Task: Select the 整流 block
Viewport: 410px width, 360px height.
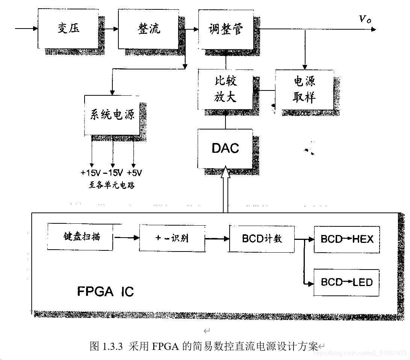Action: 148,29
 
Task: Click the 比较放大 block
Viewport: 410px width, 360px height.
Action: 225,89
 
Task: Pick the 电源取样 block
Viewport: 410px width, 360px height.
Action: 304,90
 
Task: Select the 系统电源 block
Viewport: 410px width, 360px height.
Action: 112,115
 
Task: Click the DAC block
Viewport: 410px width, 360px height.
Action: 225,148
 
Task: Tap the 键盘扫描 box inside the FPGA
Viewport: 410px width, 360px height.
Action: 81,237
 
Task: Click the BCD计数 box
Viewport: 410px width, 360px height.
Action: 262,239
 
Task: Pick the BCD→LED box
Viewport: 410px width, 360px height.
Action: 346,282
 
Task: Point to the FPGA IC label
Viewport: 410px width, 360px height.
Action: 105,292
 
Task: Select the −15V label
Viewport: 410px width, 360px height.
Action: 112,173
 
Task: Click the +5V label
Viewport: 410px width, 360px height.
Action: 134,173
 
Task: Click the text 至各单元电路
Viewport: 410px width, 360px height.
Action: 112,185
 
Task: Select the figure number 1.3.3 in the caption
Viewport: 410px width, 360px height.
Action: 112,346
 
